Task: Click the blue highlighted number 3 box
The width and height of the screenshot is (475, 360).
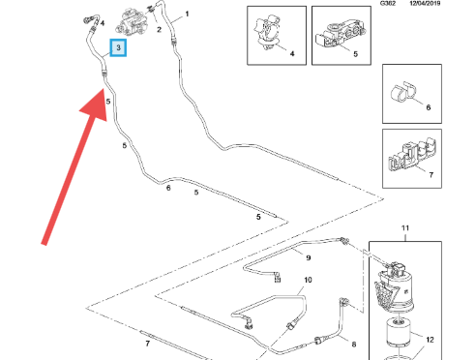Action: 118,47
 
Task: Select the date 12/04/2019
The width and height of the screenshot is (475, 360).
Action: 425,3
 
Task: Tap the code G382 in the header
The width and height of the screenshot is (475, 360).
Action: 388,3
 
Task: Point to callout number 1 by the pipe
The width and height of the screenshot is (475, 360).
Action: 187,14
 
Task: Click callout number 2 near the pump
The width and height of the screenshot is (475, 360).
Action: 159,30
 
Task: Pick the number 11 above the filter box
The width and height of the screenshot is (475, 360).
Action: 405,228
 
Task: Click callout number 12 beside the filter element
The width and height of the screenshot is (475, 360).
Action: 430,340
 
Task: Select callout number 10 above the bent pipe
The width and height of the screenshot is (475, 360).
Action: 308,280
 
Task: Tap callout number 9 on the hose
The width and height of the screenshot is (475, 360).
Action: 309,257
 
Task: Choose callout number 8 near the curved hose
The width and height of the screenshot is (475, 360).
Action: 354,345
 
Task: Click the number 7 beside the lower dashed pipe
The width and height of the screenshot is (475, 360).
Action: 148,344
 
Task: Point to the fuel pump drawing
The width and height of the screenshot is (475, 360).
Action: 133,22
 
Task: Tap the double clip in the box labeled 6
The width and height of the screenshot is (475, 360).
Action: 403,93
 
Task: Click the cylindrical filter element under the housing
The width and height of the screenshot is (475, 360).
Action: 399,333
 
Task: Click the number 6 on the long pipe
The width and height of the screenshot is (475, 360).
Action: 168,188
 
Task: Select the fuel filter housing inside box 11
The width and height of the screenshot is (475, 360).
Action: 394,286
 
